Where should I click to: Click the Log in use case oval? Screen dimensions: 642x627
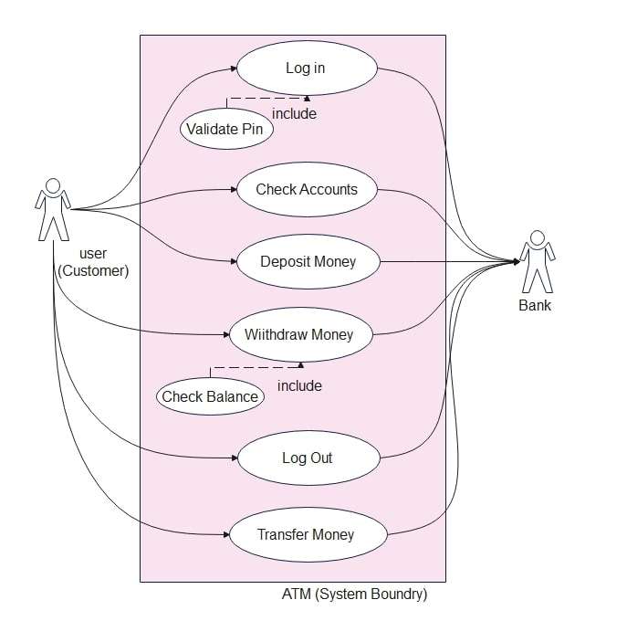click(x=306, y=68)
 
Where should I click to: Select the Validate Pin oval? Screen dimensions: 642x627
click(x=225, y=129)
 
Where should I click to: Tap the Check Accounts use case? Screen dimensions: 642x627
click(x=306, y=190)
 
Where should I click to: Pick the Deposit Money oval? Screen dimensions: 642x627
click(x=308, y=262)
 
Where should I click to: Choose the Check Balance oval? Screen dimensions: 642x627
click(x=210, y=396)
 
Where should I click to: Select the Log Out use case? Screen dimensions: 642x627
click(x=307, y=458)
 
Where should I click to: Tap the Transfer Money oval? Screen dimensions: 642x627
click(x=306, y=535)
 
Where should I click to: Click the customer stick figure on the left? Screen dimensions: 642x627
click(x=52, y=210)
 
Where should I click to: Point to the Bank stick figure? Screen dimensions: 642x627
click(x=536, y=261)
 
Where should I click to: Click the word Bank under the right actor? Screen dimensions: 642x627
click(x=535, y=306)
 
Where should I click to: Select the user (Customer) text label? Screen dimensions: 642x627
click(x=93, y=262)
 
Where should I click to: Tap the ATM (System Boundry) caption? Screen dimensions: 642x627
click(x=354, y=595)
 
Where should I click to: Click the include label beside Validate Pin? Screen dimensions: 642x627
click(x=295, y=114)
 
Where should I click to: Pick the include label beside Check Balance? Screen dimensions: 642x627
click(x=299, y=385)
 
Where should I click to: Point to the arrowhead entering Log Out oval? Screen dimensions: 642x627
click(x=232, y=458)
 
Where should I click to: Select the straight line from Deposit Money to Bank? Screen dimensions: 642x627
click(x=447, y=262)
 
